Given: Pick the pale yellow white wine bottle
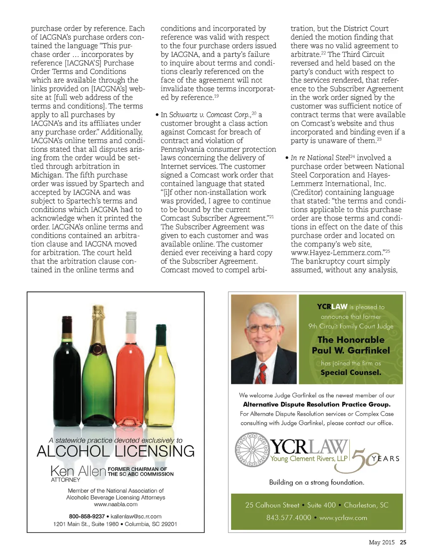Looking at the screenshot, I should tap(160, 384).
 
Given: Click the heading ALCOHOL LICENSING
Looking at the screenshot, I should tap(116, 451).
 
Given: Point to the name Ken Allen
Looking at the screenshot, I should tap(78, 471).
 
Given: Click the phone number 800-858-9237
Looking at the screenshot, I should tap(87, 516).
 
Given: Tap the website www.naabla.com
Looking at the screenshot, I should tap(116, 504).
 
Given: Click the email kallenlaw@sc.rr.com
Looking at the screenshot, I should tap(136, 516).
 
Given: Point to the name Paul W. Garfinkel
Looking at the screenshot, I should tap(351, 351).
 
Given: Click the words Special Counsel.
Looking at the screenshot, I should tap(351, 373).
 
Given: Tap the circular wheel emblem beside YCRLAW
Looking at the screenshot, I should tap(252, 450).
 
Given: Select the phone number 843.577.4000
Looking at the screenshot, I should tap(289, 518).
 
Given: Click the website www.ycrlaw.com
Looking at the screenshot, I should tap(343, 518).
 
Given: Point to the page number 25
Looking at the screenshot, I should tap(403, 543).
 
